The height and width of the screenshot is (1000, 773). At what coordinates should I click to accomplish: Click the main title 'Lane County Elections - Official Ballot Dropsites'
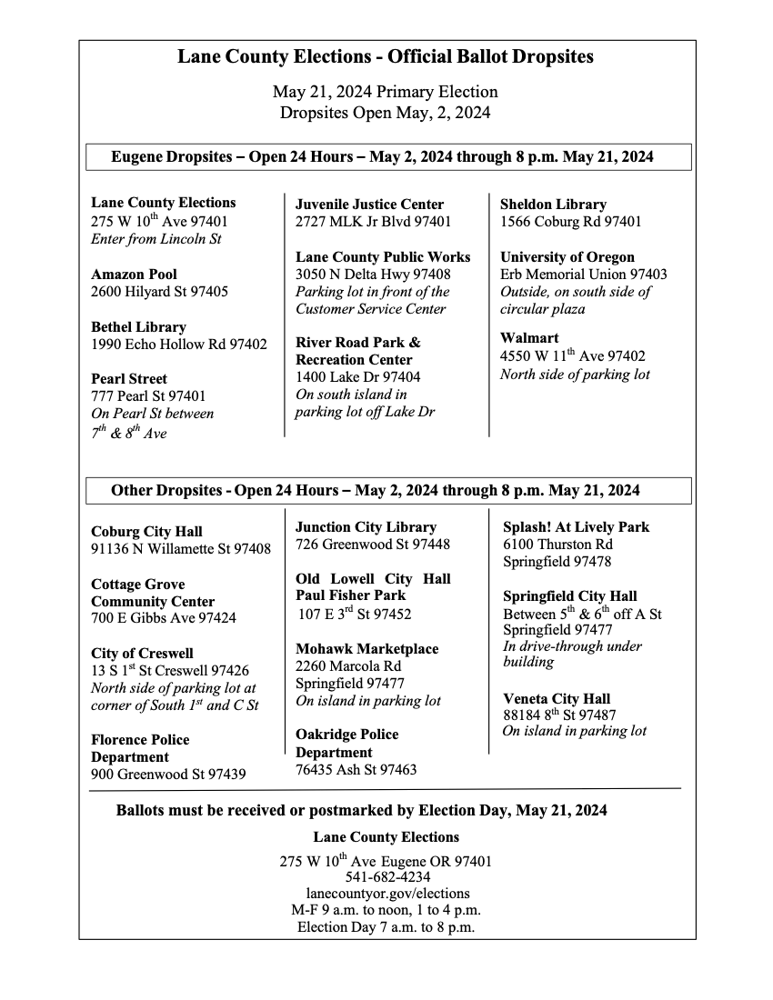pos(386,57)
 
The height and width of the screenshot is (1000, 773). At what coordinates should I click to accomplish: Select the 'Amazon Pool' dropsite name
pos(134,274)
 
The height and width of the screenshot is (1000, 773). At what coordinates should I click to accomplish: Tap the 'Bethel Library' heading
pos(138,326)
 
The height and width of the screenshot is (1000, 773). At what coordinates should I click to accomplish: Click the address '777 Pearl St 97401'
pos(148,395)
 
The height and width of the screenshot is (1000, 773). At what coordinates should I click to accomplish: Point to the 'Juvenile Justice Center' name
pos(369,205)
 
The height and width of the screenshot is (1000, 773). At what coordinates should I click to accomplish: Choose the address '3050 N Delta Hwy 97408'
pos(373,275)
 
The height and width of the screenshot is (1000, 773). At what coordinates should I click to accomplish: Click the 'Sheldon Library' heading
pos(553,205)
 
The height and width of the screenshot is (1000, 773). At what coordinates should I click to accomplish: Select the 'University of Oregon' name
pos(567,257)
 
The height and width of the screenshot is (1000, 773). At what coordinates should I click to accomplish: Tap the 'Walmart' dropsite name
pos(529,338)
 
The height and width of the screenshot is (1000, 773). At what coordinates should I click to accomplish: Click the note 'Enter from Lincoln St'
pos(156,238)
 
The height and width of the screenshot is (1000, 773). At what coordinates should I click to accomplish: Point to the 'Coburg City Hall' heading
pos(146,532)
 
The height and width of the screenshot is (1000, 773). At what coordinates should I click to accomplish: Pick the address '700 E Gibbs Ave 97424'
pos(164,618)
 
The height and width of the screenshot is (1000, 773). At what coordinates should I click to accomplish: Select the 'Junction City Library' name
pos(366,527)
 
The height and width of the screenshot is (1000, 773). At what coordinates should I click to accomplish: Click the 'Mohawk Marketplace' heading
pos(366,649)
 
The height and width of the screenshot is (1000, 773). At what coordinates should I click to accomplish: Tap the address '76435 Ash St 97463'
pos(356,770)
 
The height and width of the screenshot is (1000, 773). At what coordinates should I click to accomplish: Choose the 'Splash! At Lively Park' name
pos(577,527)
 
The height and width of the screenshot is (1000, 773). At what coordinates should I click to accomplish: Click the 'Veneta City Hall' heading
pos(557,698)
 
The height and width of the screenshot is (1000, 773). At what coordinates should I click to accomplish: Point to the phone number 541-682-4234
pos(386,877)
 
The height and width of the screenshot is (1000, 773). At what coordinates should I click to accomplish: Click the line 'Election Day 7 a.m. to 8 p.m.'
pos(386,927)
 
